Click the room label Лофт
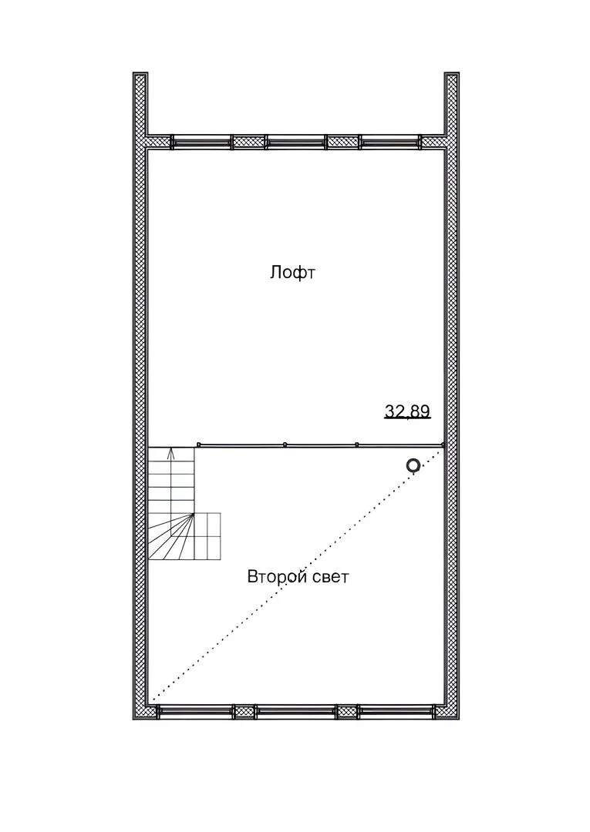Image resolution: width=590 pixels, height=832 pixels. pos(292,273)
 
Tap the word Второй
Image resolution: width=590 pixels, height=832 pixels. pos(278,577)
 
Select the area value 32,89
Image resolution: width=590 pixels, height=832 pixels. pos(407,411)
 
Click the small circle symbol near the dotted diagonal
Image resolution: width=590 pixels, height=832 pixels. pos(413,466)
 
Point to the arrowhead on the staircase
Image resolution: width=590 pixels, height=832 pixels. pos(171,453)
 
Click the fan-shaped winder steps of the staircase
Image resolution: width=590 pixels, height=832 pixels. pos(171,536)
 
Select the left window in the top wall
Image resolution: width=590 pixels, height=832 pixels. pos(202,141)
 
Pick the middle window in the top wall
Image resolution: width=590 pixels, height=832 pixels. pos(295,141)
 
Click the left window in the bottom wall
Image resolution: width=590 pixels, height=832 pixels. pos(195,711)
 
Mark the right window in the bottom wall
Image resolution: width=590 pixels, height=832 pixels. pos(396,711)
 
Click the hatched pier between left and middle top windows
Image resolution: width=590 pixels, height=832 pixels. pos(248,141)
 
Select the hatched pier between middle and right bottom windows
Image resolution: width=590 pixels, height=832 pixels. pos(347,711)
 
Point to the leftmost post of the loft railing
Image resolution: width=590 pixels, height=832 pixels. pos(198,445)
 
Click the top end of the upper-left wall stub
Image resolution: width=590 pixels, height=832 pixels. pos(140,73)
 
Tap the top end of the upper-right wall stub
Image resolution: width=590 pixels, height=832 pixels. pos(451,73)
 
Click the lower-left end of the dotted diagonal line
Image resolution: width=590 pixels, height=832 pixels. pos(153,700)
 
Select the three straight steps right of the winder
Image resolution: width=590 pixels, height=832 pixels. pos(207,536)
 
